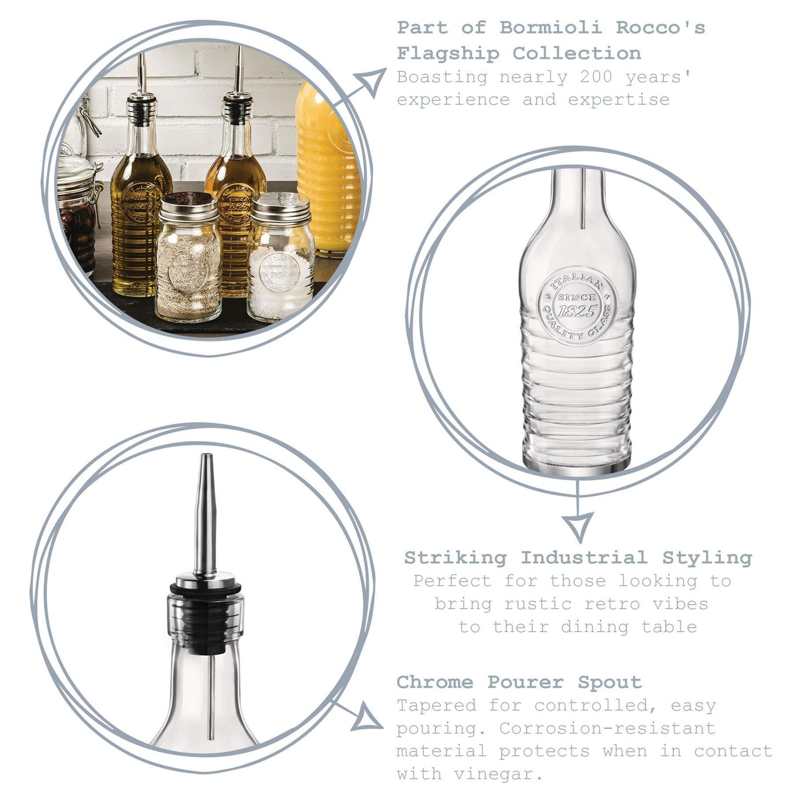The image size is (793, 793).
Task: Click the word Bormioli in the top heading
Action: pos(551,28)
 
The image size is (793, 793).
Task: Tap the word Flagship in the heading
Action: pos(448,54)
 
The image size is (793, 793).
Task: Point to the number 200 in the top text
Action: pos(597,77)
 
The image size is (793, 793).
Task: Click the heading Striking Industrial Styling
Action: pos(578,559)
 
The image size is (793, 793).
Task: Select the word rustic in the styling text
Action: pos(538,604)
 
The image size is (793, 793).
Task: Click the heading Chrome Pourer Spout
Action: pos(519,683)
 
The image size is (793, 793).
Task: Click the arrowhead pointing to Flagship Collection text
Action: pos(370,81)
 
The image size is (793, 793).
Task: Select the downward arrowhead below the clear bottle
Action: pos(578,526)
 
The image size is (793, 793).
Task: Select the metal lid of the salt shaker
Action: pos(280,208)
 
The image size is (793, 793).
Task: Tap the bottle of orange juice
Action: pos(327,168)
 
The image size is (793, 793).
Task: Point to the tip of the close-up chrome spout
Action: pos(206,455)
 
